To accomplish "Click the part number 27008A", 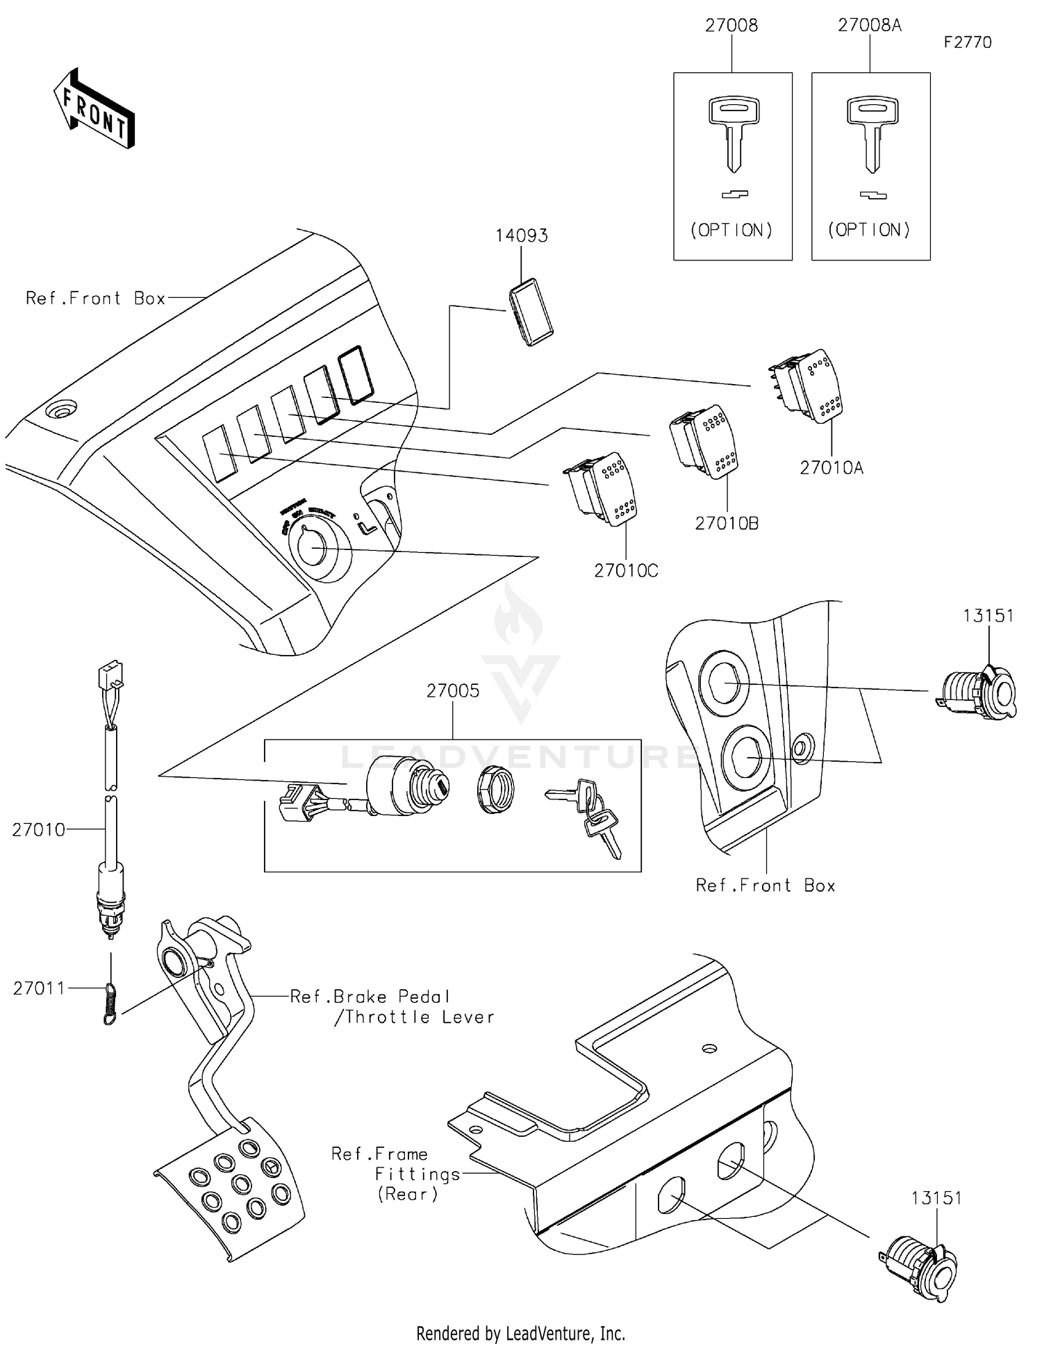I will pyautogui.click(x=869, y=26).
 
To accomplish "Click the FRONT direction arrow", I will pyautogui.click(x=94, y=109).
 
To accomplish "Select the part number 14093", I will pyautogui.click(x=521, y=236).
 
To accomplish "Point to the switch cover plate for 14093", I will pyautogui.click(x=531, y=312).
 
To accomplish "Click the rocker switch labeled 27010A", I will pyautogui.click(x=808, y=386).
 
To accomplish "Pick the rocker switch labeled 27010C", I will pyautogui.click(x=601, y=489).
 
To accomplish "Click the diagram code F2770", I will pyautogui.click(x=967, y=42).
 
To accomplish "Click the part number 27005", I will pyautogui.click(x=452, y=691).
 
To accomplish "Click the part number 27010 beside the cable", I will pyautogui.click(x=38, y=830).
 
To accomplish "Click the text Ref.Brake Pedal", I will pyautogui.click(x=370, y=997).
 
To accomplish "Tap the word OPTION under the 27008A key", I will pyautogui.click(x=869, y=230).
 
